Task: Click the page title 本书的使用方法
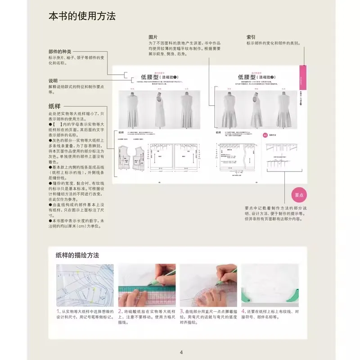[82, 17]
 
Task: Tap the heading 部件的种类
[59, 52]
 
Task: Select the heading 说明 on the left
[53, 81]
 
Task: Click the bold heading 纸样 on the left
[54, 106]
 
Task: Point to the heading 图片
[153, 37]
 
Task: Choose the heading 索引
[251, 37]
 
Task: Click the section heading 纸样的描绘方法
[77, 255]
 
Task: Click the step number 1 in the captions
[58, 311]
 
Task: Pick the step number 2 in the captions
[120, 311]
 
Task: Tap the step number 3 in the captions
[181, 311]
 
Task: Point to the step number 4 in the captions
[243, 311]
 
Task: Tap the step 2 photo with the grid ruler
[146, 285]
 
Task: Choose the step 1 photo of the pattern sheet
[85, 285]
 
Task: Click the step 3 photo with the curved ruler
[208, 285]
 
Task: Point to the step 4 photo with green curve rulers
[270, 285]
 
